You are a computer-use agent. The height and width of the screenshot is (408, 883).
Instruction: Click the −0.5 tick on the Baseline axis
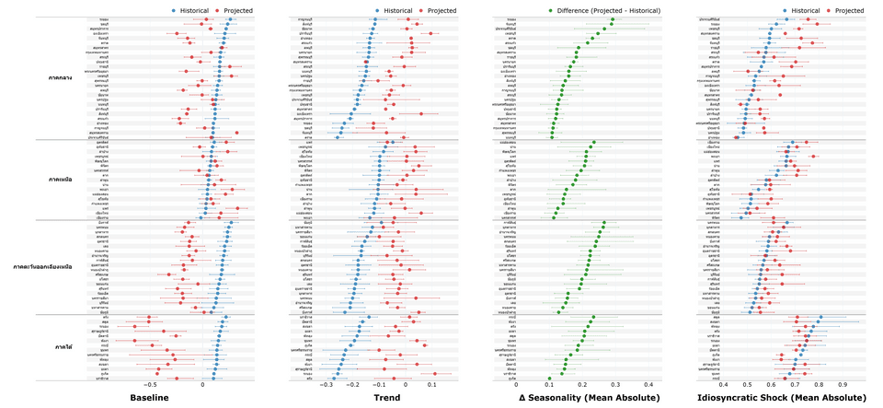pos(149,386)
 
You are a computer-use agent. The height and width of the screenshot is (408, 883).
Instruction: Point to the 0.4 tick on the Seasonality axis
pos(648,386)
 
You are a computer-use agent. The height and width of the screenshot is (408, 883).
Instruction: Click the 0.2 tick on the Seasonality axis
pos(582,386)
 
